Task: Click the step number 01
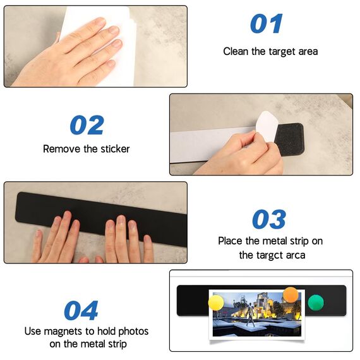pyautogui.click(x=266, y=24)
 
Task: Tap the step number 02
pyautogui.click(x=87, y=125)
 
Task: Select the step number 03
pyautogui.click(x=269, y=219)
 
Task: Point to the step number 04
pyautogui.click(x=81, y=311)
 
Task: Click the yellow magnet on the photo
pyautogui.click(x=217, y=303)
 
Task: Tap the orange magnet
pyautogui.click(x=290, y=294)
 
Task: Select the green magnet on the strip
pyautogui.click(x=315, y=303)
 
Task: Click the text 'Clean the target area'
pyautogui.click(x=270, y=51)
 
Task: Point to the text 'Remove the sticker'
pyautogui.click(x=86, y=149)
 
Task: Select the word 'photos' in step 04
pyautogui.click(x=134, y=331)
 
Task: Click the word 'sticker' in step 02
pyautogui.click(x=114, y=149)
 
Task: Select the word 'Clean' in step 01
pyautogui.click(x=236, y=51)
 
